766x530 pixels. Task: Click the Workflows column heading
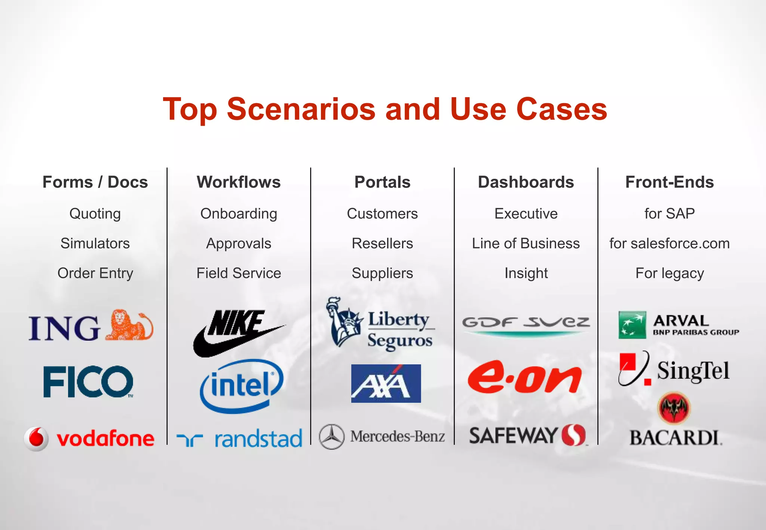click(x=239, y=182)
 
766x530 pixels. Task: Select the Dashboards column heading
click(x=526, y=182)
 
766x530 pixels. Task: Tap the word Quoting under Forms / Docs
click(x=95, y=214)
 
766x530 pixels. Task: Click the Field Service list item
click(x=239, y=273)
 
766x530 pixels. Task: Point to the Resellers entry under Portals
click(x=382, y=244)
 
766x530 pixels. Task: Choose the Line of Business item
click(x=526, y=244)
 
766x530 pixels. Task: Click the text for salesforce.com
click(x=670, y=244)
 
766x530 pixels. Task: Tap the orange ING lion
click(x=129, y=325)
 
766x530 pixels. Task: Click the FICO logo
click(x=88, y=382)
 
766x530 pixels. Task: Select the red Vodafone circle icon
click(x=36, y=438)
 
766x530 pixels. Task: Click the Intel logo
click(x=242, y=385)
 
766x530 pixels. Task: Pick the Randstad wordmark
click(x=258, y=439)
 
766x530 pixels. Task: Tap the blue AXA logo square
click(x=386, y=383)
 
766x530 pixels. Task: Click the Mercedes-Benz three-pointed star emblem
click(x=331, y=437)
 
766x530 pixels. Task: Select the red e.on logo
click(x=524, y=378)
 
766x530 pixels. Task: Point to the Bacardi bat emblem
click(x=674, y=408)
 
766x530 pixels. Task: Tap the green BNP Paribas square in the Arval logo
click(x=632, y=325)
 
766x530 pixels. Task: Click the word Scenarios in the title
click(x=301, y=109)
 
